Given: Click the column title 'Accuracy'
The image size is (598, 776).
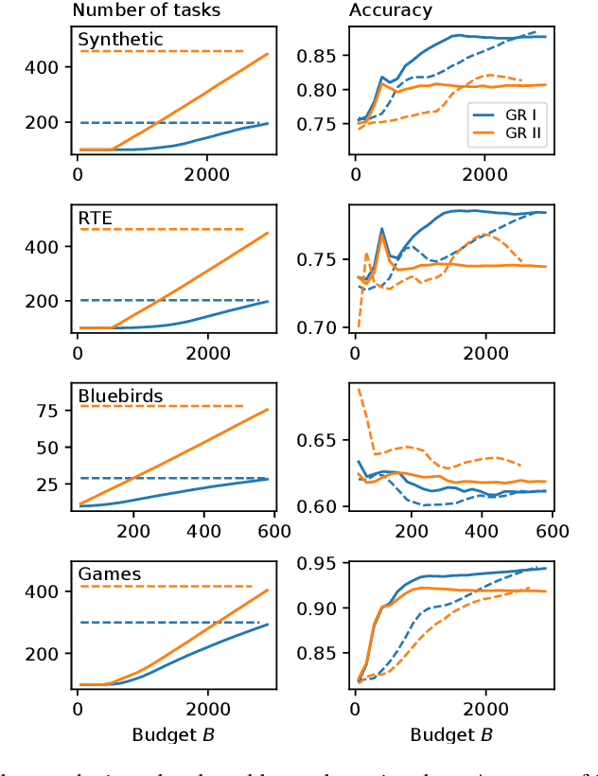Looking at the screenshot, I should pyautogui.click(x=390, y=11).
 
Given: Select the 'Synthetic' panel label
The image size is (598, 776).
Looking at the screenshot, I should pyautogui.click(x=119, y=40).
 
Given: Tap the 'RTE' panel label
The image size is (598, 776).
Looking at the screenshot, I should pyautogui.click(x=95, y=219).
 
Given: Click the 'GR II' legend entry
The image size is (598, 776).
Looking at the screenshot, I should pyautogui.click(x=520, y=133).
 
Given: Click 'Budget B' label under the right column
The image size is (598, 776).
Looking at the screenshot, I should pyautogui.click(x=450, y=734).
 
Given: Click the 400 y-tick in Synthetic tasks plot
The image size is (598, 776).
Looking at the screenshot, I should pyautogui.click(x=47, y=67).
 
